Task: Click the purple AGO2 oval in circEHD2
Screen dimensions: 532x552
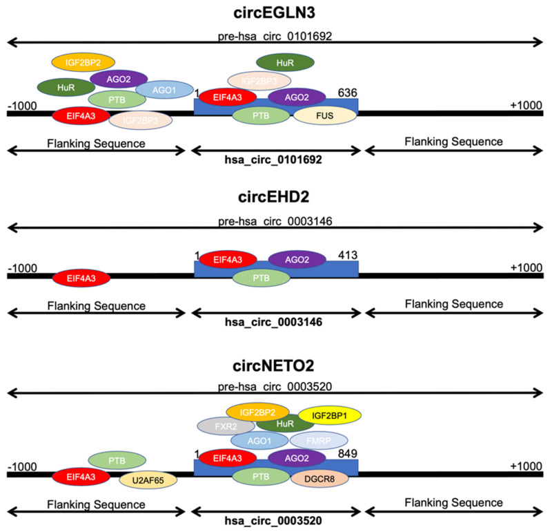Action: pos(297,259)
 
